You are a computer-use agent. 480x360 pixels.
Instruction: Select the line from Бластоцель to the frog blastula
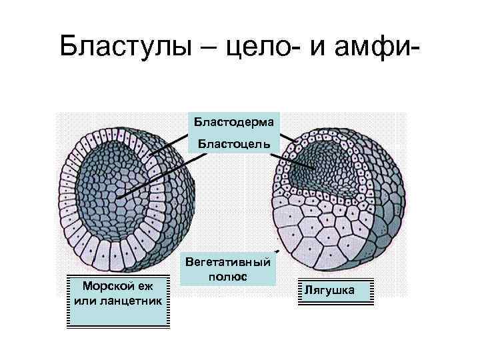[x=293, y=157]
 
